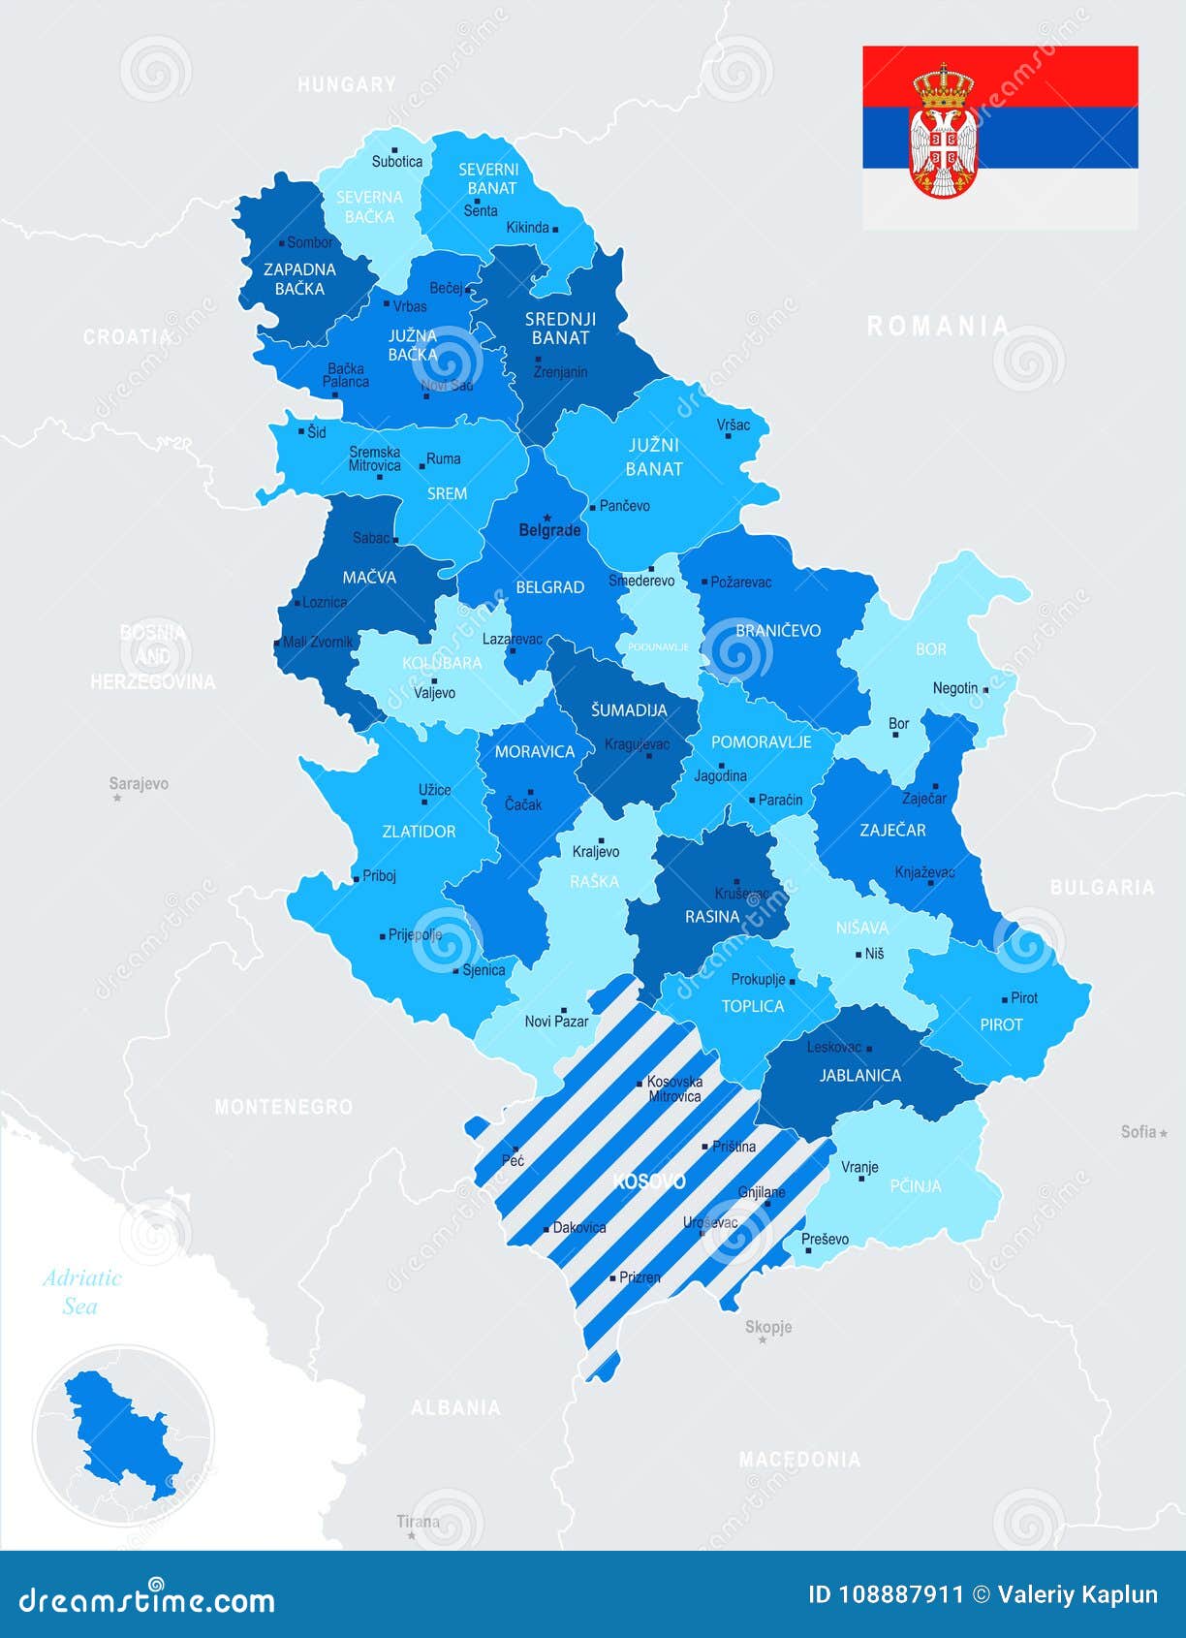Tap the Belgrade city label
pyautogui.click(x=549, y=530)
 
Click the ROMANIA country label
pyautogui.click(x=937, y=327)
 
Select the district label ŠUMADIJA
pyautogui.click(x=629, y=710)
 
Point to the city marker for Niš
pyautogui.click(x=858, y=955)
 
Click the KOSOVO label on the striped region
pyautogui.click(x=650, y=1181)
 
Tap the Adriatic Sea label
pyautogui.click(x=81, y=1292)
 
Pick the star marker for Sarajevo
pyautogui.click(x=117, y=799)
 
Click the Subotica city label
pyautogui.click(x=396, y=162)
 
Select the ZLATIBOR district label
pyautogui.click(x=419, y=832)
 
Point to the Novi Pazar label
pyautogui.click(x=556, y=1022)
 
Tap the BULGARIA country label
pyautogui.click(x=1102, y=888)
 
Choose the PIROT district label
pyautogui.click(x=1001, y=1024)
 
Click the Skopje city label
pyautogui.click(x=768, y=1327)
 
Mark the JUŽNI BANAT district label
pyautogui.click(x=654, y=457)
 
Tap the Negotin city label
pyautogui.click(x=955, y=688)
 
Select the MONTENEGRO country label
pyautogui.click(x=283, y=1107)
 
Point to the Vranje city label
pyautogui.click(x=859, y=1167)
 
